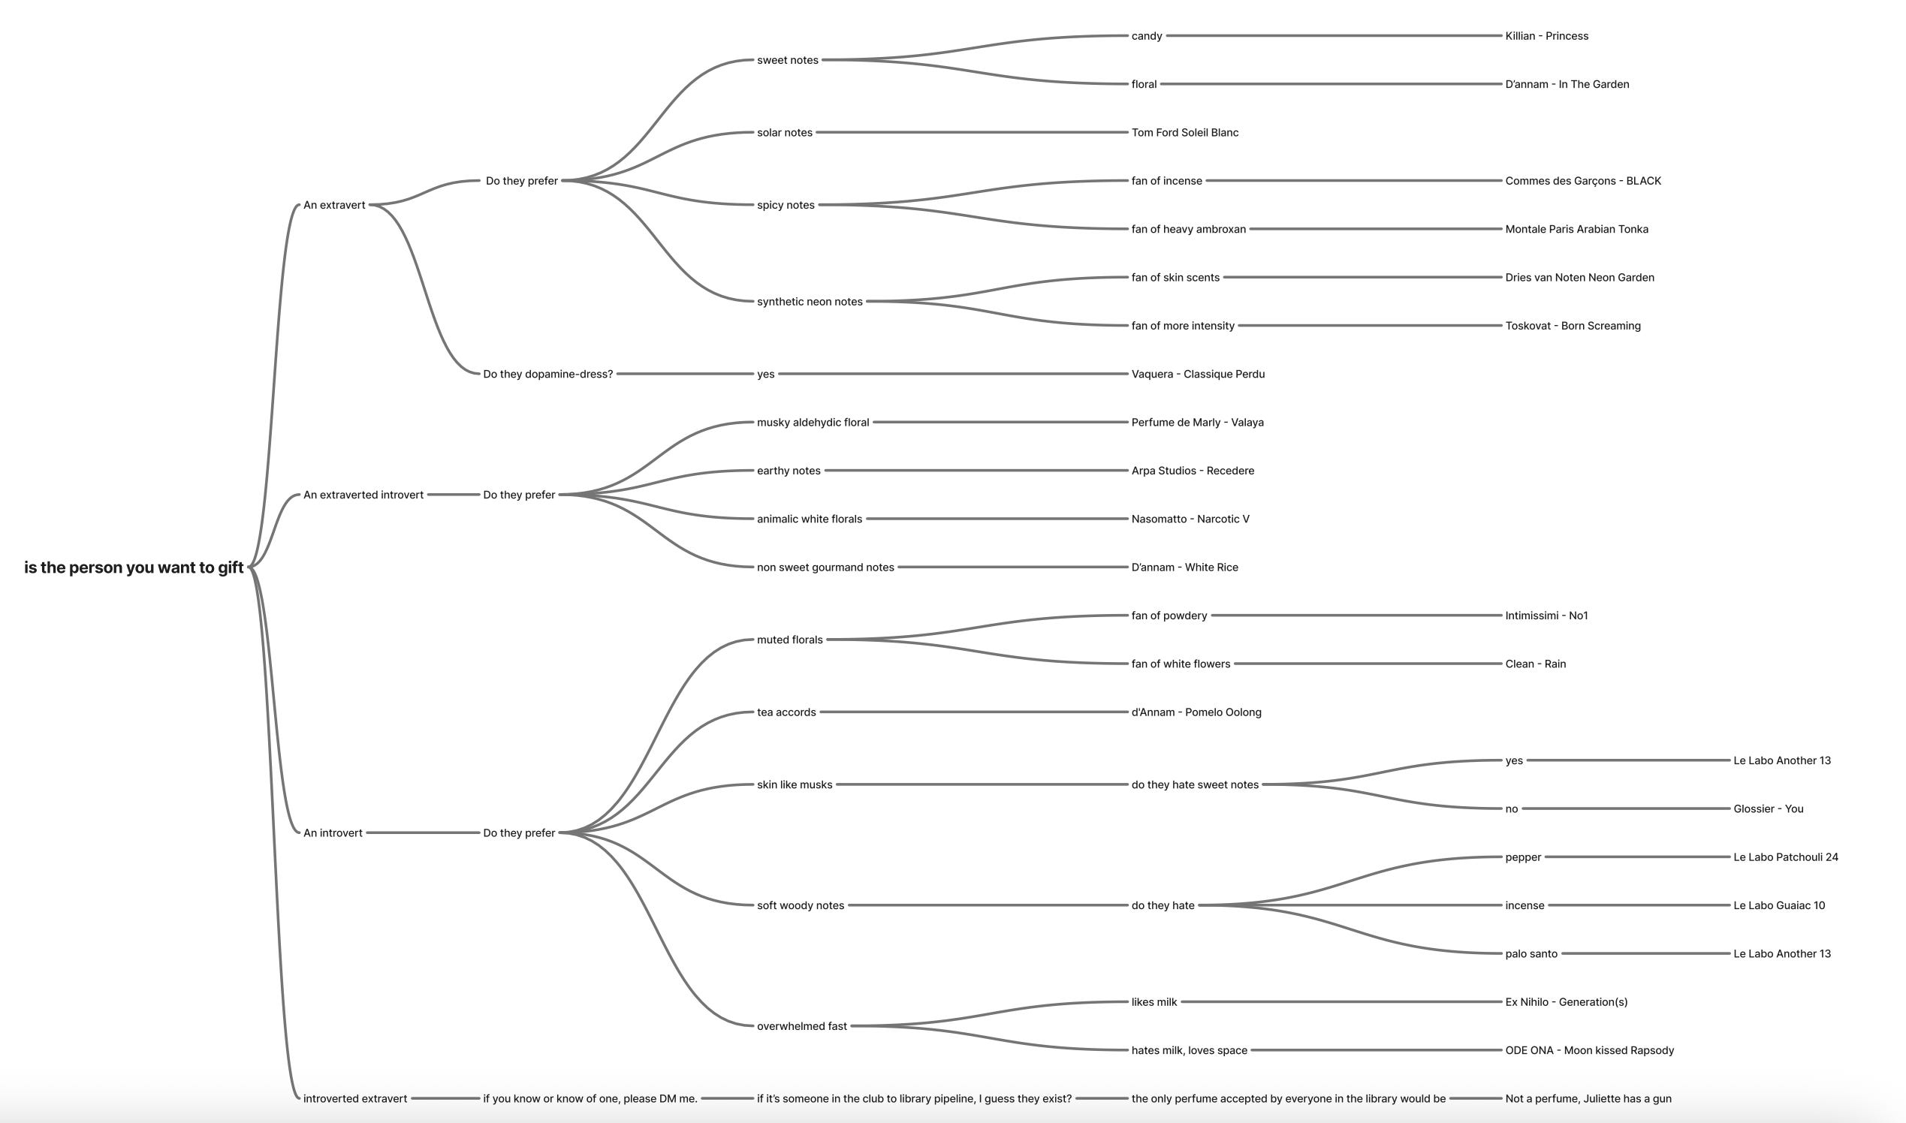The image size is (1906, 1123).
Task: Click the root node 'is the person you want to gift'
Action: pyautogui.click(x=133, y=568)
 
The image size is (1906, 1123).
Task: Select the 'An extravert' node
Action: pyautogui.click(x=334, y=205)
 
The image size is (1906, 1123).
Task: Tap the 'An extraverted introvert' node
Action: pyautogui.click(x=363, y=495)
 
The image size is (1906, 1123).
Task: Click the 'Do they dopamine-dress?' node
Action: pyautogui.click(x=547, y=374)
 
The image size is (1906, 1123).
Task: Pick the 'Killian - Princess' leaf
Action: pyautogui.click(x=1546, y=35)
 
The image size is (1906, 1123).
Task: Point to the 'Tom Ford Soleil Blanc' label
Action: pyautogui.click(x=1184, y=132)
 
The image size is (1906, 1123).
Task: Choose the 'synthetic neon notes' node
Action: pyautogui.click(x=809, y=302)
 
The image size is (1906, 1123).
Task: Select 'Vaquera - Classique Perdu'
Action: pyautogui.click(x=1198, y=374)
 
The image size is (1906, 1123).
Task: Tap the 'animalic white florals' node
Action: pyautogui.click(x=809, y=519)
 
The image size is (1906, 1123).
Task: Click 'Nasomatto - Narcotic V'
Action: pyautogui.click(x=1190, y=519)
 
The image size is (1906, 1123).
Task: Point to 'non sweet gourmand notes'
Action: pyautogui.click(x=825, y=568)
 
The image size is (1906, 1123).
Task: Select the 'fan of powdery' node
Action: pyautogui.click(x=1169, y=616)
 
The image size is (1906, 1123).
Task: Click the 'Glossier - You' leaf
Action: pyautogui.click(x=1769, y=809)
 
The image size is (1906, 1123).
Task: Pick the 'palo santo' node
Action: pyautogui.click(x=1531, y=954)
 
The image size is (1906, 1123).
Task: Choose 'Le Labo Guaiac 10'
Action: pyautogui.click(x=1779, y=906)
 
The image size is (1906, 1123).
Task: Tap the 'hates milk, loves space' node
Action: pyautogui.click(x=1188, y=1050)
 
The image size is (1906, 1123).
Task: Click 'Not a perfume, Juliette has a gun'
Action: pyautogui.click(x=1588, y=1099)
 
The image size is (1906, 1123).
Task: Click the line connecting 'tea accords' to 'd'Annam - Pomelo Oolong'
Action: pyautogui.click(x=973, y=712)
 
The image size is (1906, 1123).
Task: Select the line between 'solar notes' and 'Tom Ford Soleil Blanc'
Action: pyautogui.click(x=971, y=132)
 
